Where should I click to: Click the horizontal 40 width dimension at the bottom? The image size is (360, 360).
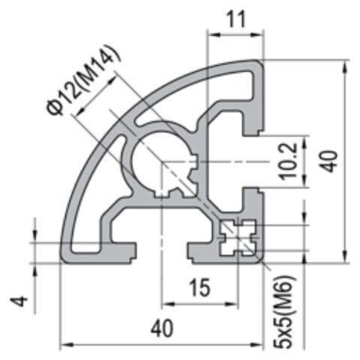tap(162, 328)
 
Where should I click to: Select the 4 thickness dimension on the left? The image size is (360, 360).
tap(22, 301)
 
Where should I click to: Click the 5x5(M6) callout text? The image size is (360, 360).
tap(286, 311)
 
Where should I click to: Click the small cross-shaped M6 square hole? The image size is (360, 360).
tap(238, 238)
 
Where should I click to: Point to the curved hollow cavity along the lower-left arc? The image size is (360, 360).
tap(90, 195)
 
